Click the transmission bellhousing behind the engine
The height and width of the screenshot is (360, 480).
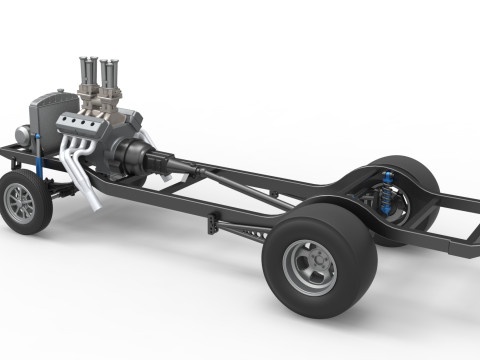click(130, 155)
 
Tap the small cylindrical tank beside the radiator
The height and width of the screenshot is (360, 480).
click(23, 134)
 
